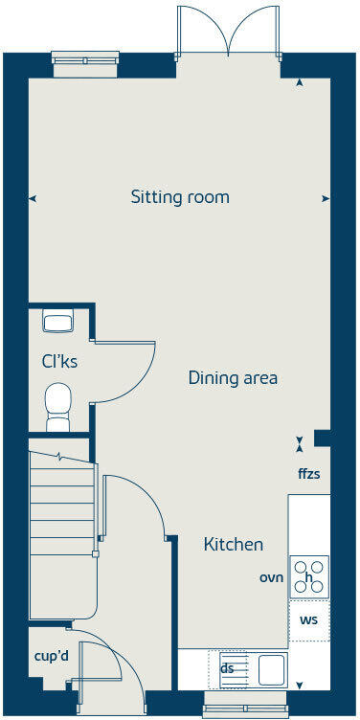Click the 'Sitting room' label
pos(180,198)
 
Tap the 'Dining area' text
pos(233,378)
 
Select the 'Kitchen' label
pos(233,545)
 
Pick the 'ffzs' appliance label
pos(309,474)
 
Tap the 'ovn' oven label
pos(272,577)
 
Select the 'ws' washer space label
pos(309,620)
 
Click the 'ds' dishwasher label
pos(228,669)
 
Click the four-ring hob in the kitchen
pos(309,576)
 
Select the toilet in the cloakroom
pos(59,406)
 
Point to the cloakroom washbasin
pos(58,322)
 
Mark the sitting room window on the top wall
pos(84,65)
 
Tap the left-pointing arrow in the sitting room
pos(34,199)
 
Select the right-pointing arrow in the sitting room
pos(326,199)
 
